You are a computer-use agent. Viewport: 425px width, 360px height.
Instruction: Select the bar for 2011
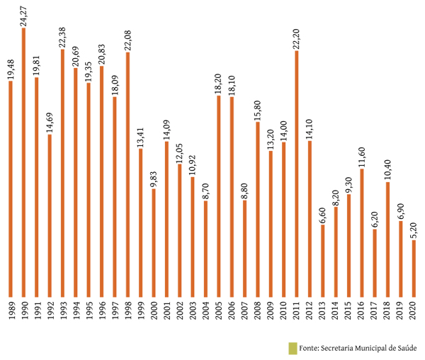[x=296, y=174]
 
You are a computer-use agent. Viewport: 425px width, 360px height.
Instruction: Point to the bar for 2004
[x=205, y=248]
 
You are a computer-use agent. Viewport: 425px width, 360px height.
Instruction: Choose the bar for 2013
[x=322, y=260]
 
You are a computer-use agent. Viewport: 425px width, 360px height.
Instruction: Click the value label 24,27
[x=23, y=15]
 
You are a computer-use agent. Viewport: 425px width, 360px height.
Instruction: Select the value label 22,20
[x=296, y=38]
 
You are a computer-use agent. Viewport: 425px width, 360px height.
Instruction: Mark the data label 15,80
[x=257, y=109]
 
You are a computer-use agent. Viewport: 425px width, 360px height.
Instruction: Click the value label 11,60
[x=361, y=156]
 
